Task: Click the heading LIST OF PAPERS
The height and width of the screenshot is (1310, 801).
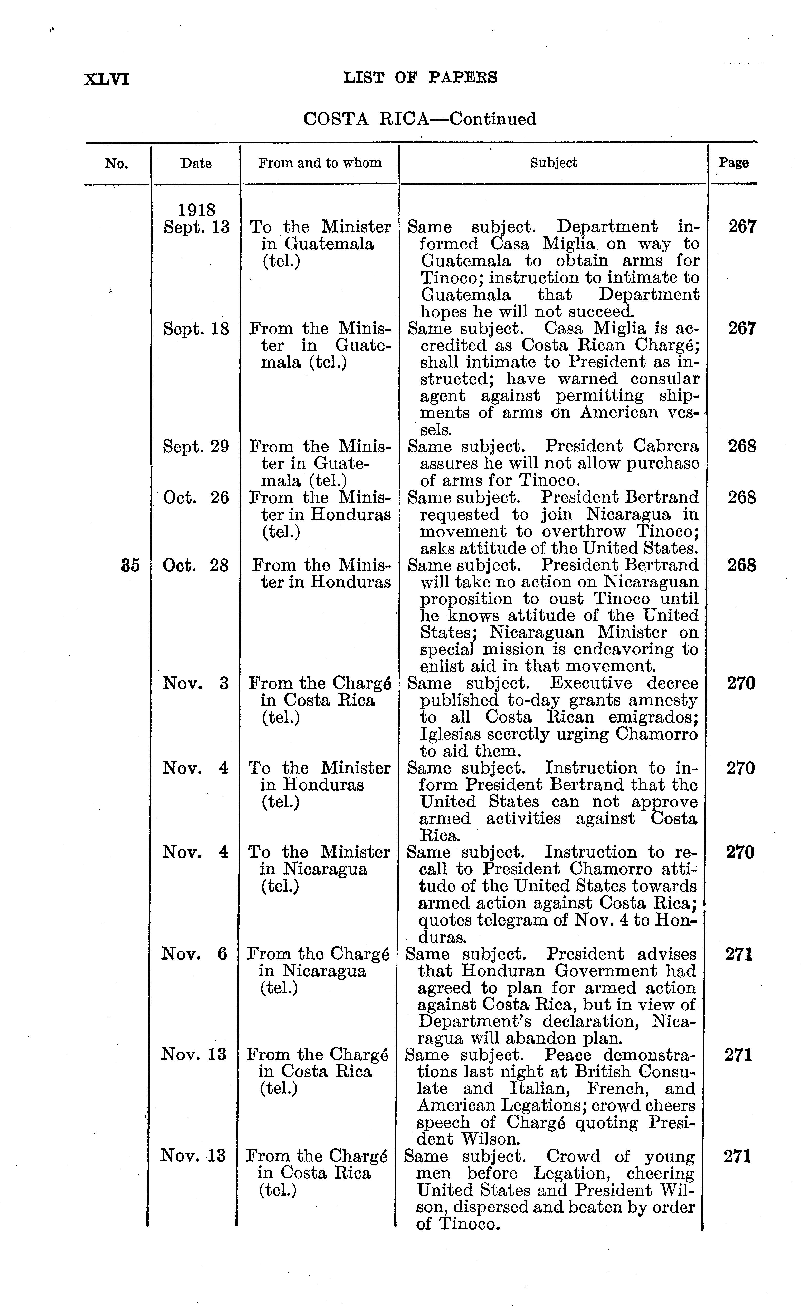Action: (x=420, y=78)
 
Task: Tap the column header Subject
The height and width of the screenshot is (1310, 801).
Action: (x=553, y=163)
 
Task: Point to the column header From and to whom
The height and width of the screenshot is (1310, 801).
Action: (x=320, y=163)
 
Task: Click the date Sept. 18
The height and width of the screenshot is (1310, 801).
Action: (x=196, y=329)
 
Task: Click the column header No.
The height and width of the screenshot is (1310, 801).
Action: (x=117, y=163)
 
